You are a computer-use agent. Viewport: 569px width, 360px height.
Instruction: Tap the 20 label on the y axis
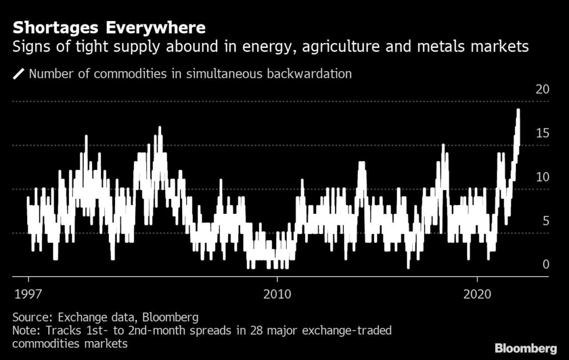pos(542,89)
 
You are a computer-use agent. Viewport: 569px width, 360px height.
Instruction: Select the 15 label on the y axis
pos(542,133)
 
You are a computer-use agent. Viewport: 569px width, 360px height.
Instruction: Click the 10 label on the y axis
pos(542,177)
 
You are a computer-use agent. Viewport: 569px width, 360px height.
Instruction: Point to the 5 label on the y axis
pos(545,221)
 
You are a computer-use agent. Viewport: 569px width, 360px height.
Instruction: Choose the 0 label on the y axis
pos(545,264)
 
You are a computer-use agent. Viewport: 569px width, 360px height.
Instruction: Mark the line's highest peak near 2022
pos(518,109)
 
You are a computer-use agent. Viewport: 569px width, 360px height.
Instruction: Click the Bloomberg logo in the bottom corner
pos(526,348)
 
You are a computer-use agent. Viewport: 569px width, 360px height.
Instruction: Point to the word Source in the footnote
pos(31,318)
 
